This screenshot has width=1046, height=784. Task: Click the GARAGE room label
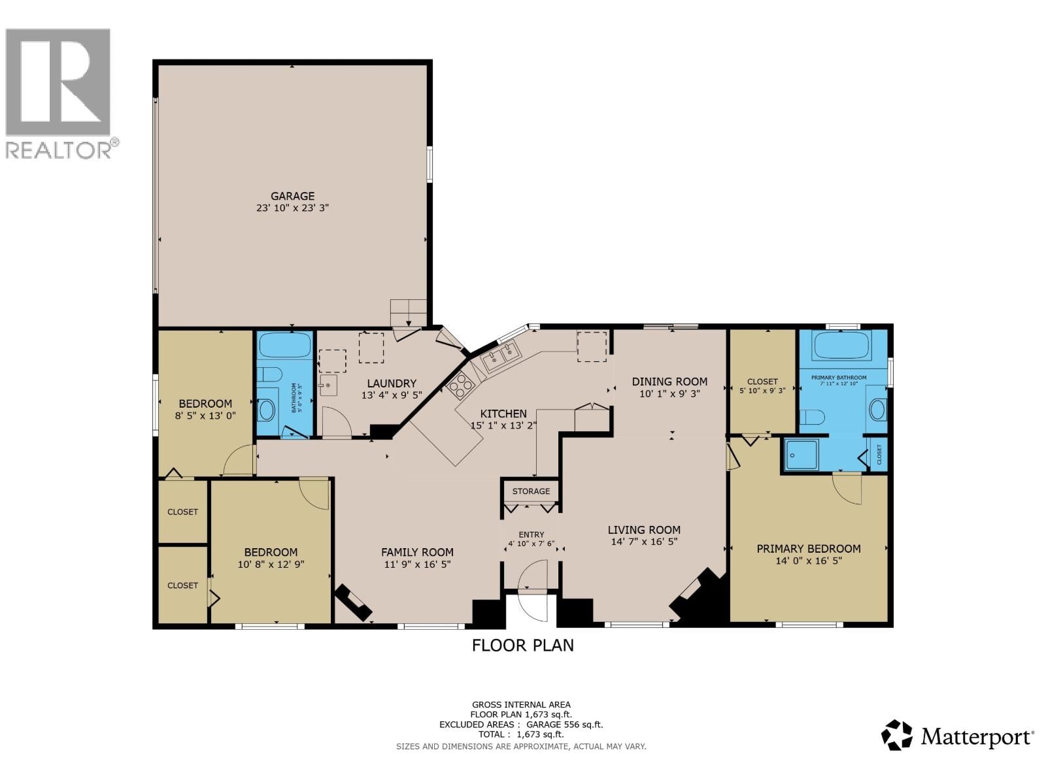[292, 196]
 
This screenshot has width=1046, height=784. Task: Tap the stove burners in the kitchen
[461, 385]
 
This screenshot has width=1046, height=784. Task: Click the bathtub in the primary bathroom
[841, 346]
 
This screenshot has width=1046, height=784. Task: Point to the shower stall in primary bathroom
[801, 454]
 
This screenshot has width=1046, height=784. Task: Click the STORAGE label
[531, 491]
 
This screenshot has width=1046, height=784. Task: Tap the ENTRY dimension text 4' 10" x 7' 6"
[531, 544]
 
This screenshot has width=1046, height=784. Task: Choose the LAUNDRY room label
[392, 384]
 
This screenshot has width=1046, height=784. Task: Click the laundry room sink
[328, 385]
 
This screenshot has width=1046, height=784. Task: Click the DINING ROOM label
[669, 382]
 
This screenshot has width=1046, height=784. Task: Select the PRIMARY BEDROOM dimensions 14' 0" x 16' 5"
[809, 561]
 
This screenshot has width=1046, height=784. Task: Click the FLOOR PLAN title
[523, 645]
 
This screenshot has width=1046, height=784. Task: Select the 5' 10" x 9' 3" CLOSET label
[762, 390]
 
